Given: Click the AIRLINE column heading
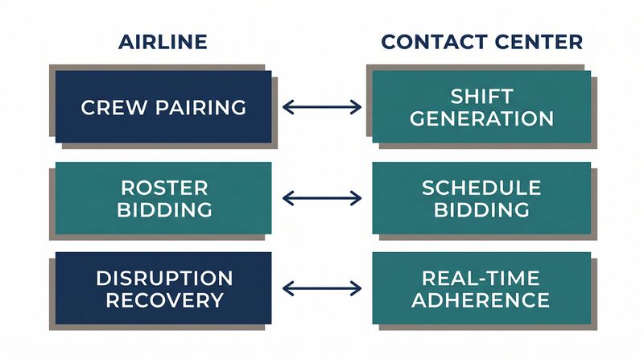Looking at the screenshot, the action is [163, 42].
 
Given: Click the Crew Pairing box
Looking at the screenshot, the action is [163, 107].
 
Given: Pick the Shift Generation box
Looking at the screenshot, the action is [481, 107].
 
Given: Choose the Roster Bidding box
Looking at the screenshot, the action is [163, 198].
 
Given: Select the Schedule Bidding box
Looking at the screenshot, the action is [481, 198].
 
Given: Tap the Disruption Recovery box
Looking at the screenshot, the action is [163, 288].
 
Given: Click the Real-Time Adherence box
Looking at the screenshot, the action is [481, 288].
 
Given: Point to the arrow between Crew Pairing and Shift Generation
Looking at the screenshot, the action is [322, 107].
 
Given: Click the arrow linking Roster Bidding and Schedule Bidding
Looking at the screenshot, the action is [322, 198].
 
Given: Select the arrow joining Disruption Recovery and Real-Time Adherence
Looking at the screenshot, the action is [322, 288].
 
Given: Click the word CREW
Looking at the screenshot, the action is [114, 108].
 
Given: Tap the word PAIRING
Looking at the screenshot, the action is [200, 108].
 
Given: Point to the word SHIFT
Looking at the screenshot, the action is [481, 97].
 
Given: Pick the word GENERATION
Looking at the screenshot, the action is [481, 118].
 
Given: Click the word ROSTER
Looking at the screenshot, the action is [164, 188].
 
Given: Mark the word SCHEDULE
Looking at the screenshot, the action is [481, 188].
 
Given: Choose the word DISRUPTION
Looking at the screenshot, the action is [164, 278].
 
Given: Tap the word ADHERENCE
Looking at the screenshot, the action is [481, 300].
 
